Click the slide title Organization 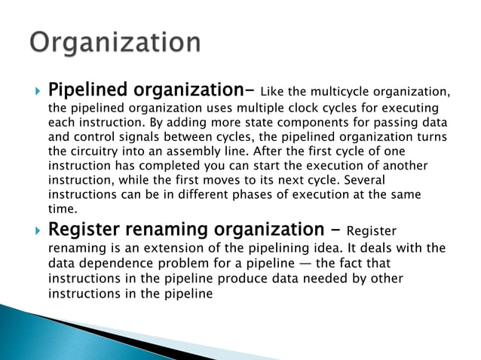115,41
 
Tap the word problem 188,264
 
